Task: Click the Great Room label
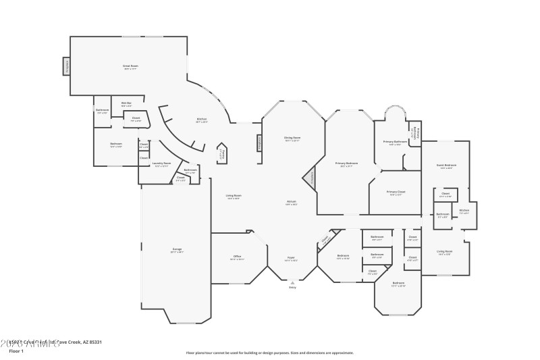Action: (x=130, y=66)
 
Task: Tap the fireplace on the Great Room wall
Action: (x=67, y=66)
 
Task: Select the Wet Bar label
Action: (x=126, y=104)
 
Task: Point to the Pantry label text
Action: (x=222, y=154)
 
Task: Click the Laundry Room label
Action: (x=161, y=164)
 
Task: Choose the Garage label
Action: (x=177, y=250)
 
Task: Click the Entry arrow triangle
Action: (x=292, y=282)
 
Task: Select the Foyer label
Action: (x=292, y=258)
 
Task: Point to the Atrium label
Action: (x=292, y=202)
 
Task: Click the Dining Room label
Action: (x=292, y=138)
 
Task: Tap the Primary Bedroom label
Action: (x=347, y=163)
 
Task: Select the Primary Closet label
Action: (x=396, y=192)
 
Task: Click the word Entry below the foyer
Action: (x=292, y=288)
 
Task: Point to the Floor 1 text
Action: (x=16, y=351)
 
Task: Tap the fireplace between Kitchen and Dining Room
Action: (x=258, y=143)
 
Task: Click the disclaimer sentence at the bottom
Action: (x=269, y=353)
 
